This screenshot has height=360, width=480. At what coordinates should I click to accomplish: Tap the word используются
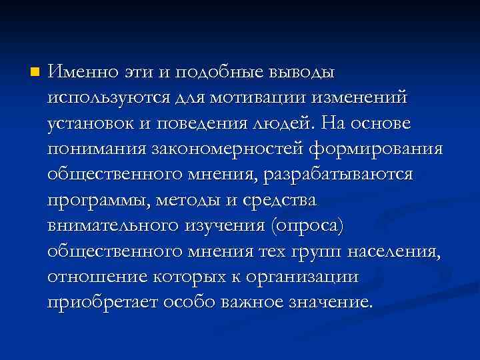click(111, 97)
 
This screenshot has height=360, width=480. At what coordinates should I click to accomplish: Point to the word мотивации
click(256, 97)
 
